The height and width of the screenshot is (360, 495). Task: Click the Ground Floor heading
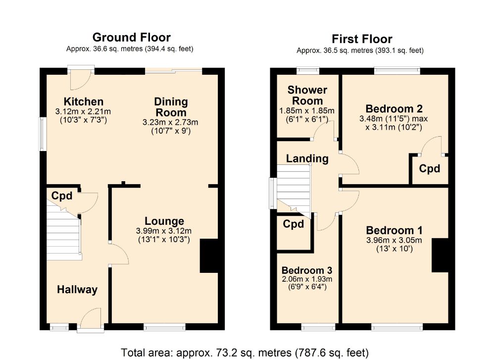point(131,37)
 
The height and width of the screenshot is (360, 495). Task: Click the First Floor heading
point(362,39)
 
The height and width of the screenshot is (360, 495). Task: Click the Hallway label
point(77,290)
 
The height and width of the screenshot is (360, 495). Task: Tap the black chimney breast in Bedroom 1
point(440,255)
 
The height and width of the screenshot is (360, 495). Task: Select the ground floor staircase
point(63,233)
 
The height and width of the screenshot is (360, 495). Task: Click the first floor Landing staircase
point(293,191)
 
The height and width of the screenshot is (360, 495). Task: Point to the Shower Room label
point(307,95)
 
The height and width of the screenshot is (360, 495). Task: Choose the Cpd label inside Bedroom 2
point(429,169)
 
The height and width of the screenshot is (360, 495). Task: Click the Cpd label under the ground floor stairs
point(62,196)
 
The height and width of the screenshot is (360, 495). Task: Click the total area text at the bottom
point(246,353)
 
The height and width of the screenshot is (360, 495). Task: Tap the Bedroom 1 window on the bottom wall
point(397,327)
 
